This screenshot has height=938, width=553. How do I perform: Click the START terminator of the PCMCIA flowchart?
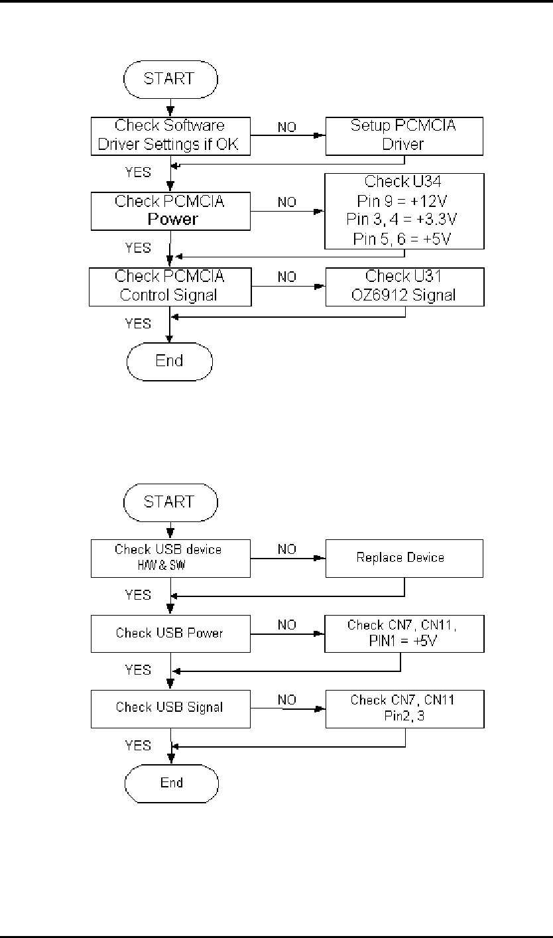click(x=170, y=78)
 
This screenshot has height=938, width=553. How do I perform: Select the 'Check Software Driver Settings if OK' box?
click(x=170, y=135)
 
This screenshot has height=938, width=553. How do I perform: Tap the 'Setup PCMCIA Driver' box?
click(x=403, y=135)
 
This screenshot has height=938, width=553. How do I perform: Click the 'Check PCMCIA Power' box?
click(x=170, y=211)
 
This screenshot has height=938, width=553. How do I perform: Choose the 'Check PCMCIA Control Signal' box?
click(x=170, y=286)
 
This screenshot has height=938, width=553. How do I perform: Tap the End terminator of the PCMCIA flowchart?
click(x=170, y=362)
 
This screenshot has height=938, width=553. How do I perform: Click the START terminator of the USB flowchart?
click(x=170, y=502)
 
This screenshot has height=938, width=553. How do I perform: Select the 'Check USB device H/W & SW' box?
click(x=170, y=557)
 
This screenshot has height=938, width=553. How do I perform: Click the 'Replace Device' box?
click(x=403, y=557)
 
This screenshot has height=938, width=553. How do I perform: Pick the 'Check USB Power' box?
click(x=170, y=633)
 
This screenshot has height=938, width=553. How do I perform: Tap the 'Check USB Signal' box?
click(x=170, y=707)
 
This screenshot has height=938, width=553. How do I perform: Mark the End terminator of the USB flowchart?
click(x=171, y=783)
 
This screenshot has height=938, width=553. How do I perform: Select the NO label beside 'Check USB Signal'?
click(x=287, y=699)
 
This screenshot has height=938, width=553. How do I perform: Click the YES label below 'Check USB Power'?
click(x=138, y=670)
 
